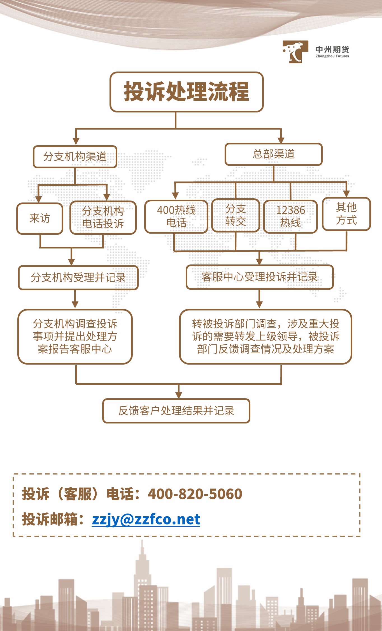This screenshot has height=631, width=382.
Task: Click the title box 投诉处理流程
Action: click(187, 92)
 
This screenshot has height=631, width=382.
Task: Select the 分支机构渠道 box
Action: click(75, 157)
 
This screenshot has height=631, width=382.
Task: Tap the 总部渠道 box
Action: click(274, 154)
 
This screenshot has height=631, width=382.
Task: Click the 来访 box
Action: click(40, 218)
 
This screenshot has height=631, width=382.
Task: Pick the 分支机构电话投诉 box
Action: click(103, 217)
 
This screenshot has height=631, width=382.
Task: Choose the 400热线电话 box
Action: click(176, 216)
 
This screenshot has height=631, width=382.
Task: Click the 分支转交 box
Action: click(236, 215)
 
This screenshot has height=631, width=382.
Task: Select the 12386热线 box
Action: click(290, 216)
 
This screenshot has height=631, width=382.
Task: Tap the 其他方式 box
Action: click(346, 214)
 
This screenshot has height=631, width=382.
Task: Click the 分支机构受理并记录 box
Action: click(78, 278)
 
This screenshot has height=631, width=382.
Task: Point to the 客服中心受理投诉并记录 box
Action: click(260, 277)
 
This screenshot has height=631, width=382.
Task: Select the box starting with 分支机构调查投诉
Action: click(75, 337)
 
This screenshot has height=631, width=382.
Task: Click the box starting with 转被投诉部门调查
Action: click(265, 337)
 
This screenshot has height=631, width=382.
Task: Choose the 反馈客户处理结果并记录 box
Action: click(176, 411)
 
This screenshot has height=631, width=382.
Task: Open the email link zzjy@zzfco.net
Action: click(146, 519)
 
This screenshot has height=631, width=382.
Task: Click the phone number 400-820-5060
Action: click(195, 494)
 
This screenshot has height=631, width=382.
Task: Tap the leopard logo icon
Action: click(295, 52)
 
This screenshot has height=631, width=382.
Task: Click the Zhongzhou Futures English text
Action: click(332, 56)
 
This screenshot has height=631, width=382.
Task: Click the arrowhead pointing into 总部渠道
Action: click(281, 140)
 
